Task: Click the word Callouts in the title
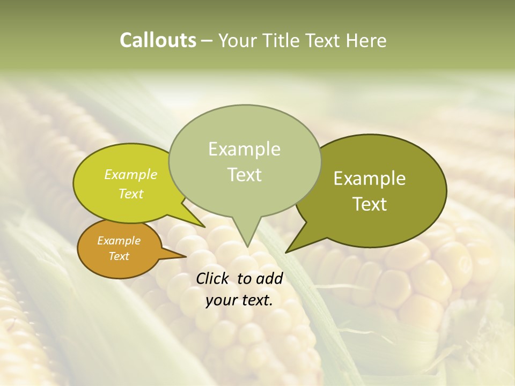pos(158,41)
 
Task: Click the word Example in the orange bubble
pos(119,241)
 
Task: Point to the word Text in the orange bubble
pos(119,256)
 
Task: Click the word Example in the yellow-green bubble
pos(131,175)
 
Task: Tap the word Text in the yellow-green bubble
pos(131,194)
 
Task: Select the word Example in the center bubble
pos(244,149)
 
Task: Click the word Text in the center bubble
pos(244,175)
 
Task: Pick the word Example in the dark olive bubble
pos(370,179)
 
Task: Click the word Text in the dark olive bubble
pos(370,204)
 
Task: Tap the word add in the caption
pos(270,279)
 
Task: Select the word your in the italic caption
pos(220,300)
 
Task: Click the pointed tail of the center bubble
pos(247,244)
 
